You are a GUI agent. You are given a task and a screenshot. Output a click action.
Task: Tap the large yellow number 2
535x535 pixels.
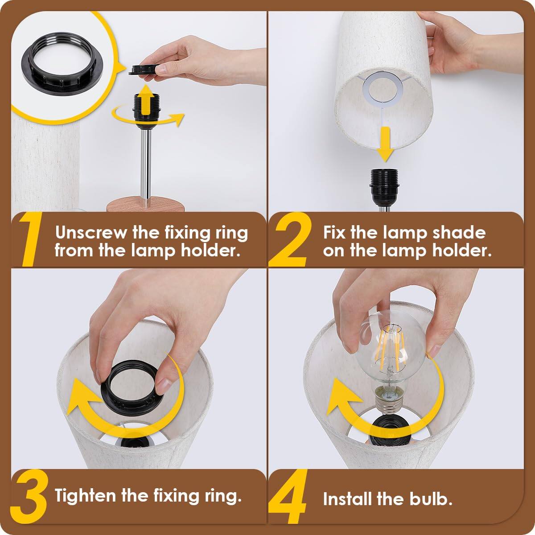(x=290, y=241)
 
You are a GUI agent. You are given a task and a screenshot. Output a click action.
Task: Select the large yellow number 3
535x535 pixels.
(x=30, y=495)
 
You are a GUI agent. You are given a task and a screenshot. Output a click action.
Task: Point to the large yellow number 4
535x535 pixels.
(x=290, y=497)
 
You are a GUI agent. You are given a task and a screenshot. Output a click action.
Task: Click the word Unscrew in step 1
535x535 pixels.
(x=91, y=233)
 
